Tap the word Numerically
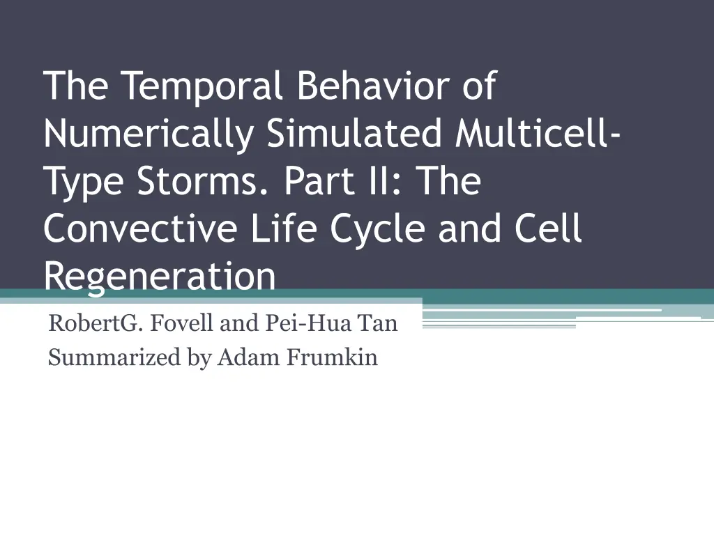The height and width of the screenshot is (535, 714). (x=149, y=135)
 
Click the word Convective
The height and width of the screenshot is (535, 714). (x=140, y=228)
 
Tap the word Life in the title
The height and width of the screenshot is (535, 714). (x=284, y=228)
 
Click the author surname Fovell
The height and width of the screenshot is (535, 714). (x=181, y=323)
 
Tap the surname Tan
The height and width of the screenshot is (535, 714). (x=377, y=323)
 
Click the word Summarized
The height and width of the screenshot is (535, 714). (x=115, y=357)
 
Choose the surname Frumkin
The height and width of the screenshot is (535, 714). (x=332, y=357)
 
